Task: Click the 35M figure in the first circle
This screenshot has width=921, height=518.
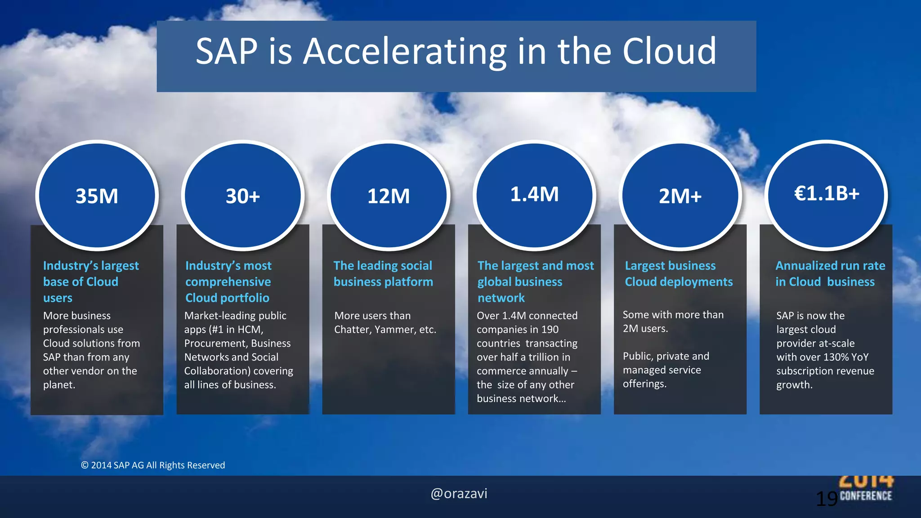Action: click(x=97, y=196)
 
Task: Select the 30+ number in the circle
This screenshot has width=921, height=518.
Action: click(x=243, y=196)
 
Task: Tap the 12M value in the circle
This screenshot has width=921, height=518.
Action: click(x=389, y=196)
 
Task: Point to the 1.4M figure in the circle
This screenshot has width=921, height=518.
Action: click(x=534, y=194)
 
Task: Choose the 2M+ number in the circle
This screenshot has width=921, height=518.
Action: click(x=680, y=196)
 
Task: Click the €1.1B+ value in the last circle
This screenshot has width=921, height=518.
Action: click(x=827, y=193)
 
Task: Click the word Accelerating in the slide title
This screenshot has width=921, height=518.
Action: click(x=405, y=52)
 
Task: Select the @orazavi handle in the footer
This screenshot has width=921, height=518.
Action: click(x=459, y=494)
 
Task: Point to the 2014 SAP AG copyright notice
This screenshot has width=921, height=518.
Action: click(x=153, y=465)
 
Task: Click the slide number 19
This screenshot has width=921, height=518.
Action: click(x=827, y=499)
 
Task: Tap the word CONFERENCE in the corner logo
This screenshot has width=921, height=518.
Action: click(x=866, y=496)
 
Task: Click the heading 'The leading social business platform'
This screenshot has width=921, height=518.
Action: click(x=383, y=273)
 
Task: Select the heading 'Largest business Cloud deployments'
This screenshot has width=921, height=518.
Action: click(x=679, y=273)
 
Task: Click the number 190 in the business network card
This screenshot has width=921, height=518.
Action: click(x=550, y=330)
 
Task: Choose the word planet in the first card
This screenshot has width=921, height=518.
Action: click(x=58, y=385)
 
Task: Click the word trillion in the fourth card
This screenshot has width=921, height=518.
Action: click(x=544, y=357)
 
